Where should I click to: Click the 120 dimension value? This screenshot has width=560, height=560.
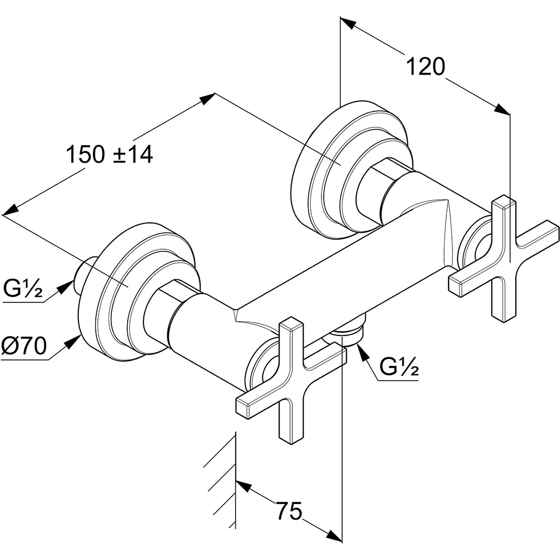(x=425, y=67)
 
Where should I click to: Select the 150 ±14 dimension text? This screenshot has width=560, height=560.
(x=110, y=155)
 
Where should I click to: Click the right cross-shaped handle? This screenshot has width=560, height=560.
(x=504, y=257)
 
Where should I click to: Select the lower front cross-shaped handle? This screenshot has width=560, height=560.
(x=292, y=381)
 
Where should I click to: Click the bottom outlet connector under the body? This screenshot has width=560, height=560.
(x=348, y=333)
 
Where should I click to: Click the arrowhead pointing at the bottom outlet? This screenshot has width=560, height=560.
(x=361, y=351)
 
